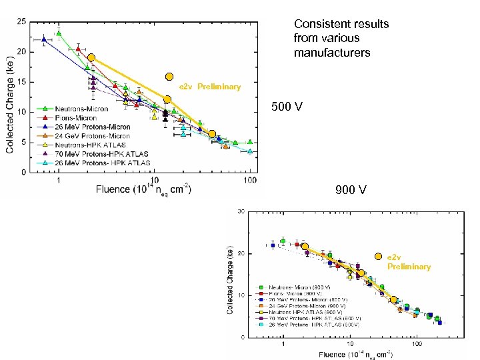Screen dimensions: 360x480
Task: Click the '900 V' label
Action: pyautogui.click(x=351, y=191)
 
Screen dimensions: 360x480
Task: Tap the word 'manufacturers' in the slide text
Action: pyautogui.click(x=332, y=52)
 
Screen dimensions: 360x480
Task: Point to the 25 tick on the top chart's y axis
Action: pyautogui.click(x=22, y=21)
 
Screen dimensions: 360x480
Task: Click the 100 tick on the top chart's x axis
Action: pyautogui.click(x=250, y=180)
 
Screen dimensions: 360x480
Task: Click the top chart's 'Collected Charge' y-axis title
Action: pyautogui.click(x=11, y=100)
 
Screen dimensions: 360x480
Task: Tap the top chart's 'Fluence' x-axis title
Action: pyautogui.click(x=143, y=190)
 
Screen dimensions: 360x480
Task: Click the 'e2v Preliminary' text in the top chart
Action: pyautogui.click(x=209, y=87)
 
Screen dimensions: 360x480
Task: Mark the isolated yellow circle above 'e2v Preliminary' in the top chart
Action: pyautogui.click(x=169, y=77)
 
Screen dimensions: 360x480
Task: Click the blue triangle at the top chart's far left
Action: pyautogui.click(x=44, y=39)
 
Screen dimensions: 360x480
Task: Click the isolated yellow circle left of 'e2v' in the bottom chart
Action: pyautogui.click(x=378, y=257)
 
